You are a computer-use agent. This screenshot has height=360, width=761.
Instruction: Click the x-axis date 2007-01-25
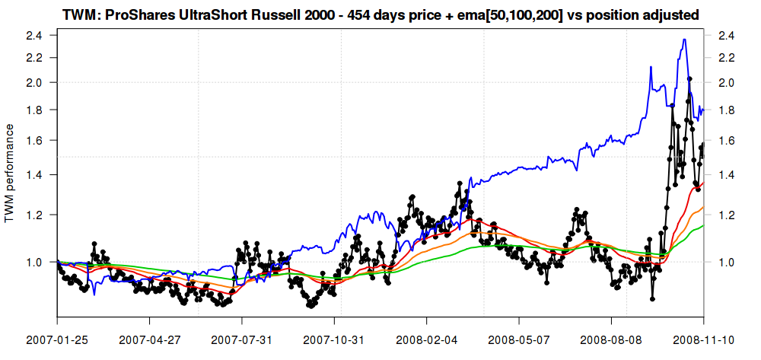(x=57, y=337)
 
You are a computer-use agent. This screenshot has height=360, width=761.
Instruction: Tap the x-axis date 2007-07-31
(x=242, y=337)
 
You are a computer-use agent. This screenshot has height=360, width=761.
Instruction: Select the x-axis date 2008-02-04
(x=427, y=337)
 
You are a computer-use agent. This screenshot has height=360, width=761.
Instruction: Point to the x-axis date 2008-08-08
(x=612, y=337)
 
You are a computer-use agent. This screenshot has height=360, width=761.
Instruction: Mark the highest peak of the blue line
(x=684, y=40)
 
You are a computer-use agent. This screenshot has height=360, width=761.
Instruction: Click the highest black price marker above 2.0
(x=689, y=78)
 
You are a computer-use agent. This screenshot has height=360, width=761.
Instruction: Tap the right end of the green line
(x=703, y=225)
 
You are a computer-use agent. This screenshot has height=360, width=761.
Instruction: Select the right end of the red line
(x=703, y=183)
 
